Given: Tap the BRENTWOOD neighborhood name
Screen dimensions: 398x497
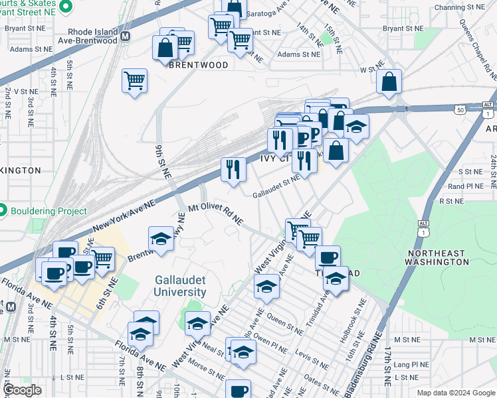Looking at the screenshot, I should (199, 65).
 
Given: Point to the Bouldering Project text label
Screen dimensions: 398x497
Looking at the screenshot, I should (49, 211).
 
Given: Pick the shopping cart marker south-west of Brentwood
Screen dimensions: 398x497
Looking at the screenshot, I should (134, 80).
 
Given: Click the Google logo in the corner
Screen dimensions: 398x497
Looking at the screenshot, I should (22, 390).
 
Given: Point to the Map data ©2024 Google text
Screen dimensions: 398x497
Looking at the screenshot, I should (456, 393).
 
